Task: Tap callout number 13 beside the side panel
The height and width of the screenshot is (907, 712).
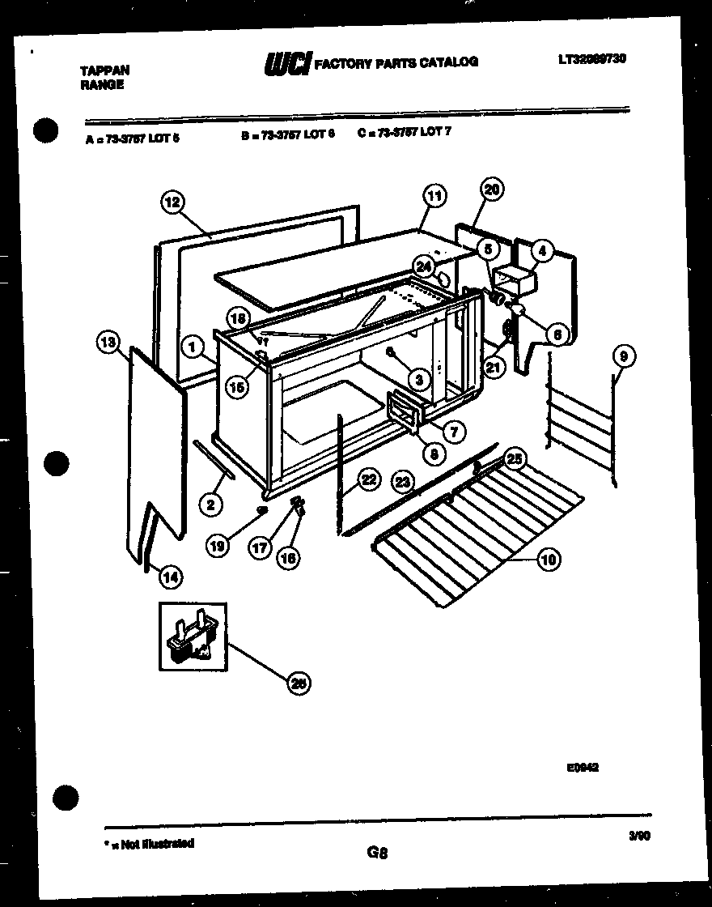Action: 107,343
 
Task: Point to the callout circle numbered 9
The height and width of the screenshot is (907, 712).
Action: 625,355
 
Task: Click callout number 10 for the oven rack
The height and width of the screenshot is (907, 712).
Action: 549,559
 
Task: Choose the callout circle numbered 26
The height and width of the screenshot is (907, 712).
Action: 299,684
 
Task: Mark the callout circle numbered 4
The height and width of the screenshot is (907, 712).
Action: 541,252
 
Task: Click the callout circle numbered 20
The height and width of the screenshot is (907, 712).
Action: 492,189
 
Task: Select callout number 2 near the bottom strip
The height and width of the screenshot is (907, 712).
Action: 210,505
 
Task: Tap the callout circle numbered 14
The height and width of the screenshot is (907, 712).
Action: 171,577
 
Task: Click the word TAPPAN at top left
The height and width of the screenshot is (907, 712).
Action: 104,71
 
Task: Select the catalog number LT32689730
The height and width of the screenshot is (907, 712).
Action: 592,58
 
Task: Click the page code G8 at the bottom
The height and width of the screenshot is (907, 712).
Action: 377,852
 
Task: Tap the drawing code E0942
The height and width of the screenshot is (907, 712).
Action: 583,768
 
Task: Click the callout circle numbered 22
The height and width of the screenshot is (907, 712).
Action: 368,479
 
